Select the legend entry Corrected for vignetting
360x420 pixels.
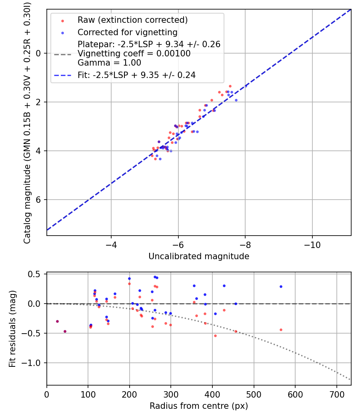point(127,32)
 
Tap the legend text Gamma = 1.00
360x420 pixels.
point(109,63)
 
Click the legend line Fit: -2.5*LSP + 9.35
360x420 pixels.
point(136,75)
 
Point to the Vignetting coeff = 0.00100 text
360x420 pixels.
point(134,54)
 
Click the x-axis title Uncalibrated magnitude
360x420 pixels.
point(199,256)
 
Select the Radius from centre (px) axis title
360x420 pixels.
point(199,406)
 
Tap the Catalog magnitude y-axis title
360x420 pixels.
point(27,122)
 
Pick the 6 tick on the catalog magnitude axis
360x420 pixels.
point(39,200)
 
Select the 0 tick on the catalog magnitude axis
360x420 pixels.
point(39,53)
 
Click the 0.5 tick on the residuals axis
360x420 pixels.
point(36,274)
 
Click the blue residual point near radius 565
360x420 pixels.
point(281,286)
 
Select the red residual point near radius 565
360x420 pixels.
point(281,330)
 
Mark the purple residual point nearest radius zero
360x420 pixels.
point(57,321)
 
